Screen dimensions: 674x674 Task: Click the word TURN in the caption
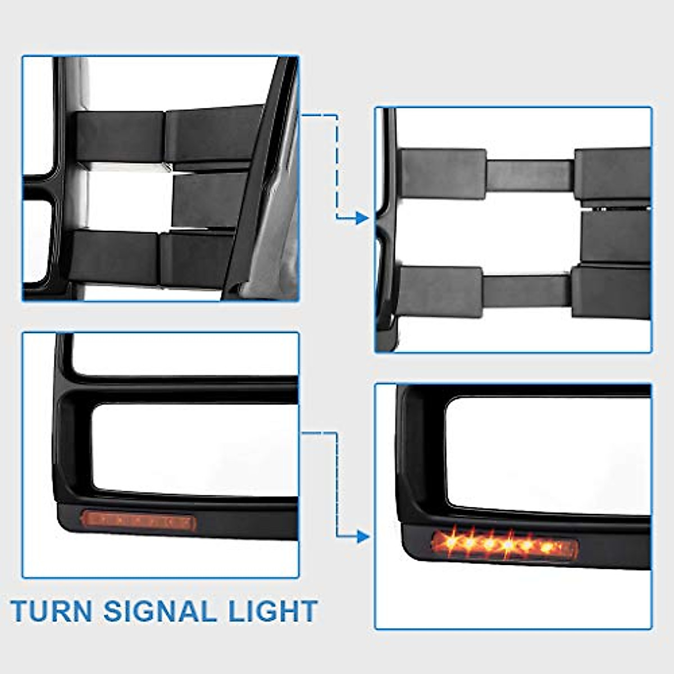click(x=52, y=611)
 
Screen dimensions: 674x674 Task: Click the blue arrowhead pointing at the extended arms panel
click(x=362, y=218)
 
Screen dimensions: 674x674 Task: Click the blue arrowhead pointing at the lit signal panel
click(x=362, y=536)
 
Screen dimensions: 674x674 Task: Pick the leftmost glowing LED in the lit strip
click(x=450, y=540)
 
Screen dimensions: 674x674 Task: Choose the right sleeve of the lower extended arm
click(x=611, y=292)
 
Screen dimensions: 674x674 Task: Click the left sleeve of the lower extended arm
click(x=440, y=291)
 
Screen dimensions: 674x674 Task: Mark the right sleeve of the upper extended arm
click(x=612, y=174)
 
